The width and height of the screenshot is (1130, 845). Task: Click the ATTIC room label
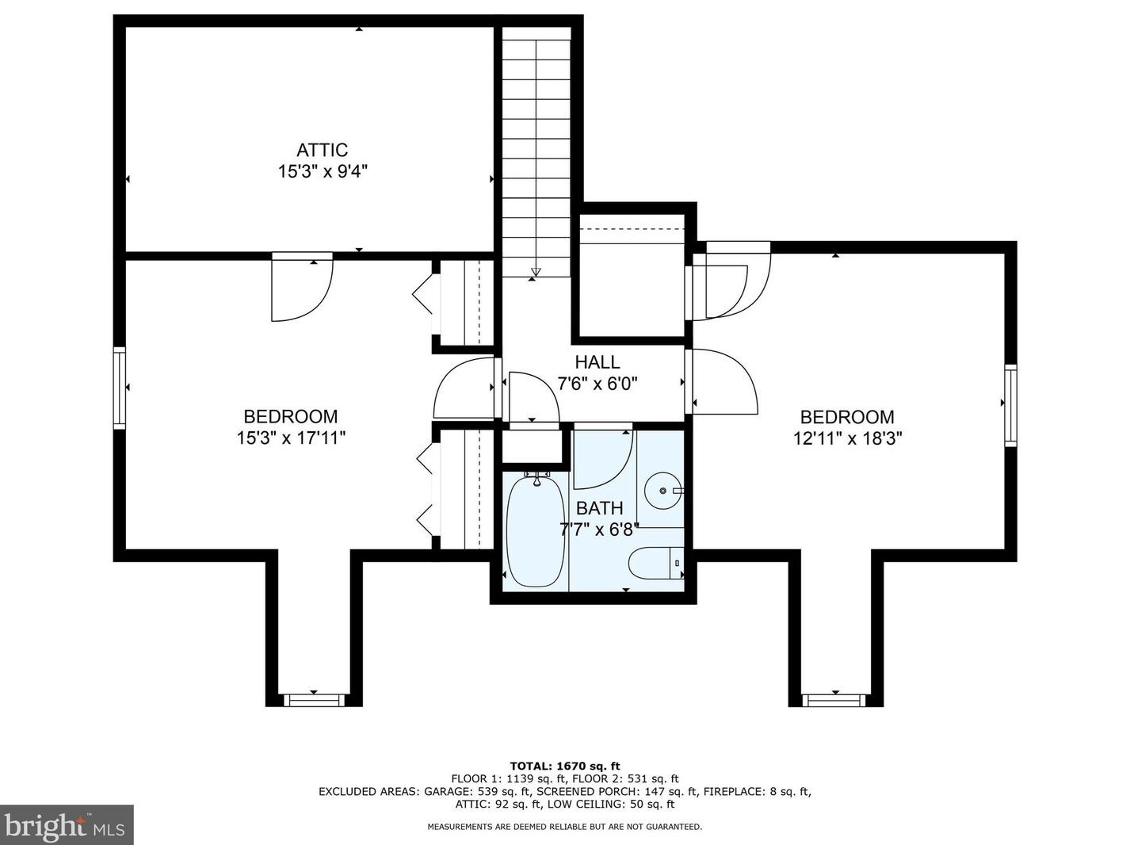322,150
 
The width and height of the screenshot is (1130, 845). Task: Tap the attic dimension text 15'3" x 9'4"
323,171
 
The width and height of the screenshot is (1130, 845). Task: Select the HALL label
597,362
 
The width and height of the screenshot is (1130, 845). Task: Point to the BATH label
599,508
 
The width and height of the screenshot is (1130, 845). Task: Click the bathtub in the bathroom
536,531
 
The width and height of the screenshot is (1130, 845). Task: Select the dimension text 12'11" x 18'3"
847,438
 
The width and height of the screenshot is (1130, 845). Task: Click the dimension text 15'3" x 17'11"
291,438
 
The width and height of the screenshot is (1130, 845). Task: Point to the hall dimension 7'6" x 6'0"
597,384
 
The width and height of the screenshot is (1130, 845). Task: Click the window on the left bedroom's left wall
120,388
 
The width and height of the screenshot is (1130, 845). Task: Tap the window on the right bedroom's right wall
1010,406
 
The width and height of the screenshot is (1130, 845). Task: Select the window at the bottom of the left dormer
314,700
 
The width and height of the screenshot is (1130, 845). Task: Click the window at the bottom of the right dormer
835,700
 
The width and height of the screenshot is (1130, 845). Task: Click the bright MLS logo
67,825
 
